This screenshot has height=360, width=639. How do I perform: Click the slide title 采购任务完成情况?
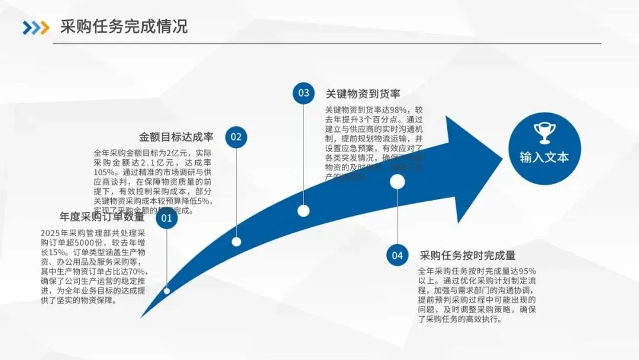tap(124, 27)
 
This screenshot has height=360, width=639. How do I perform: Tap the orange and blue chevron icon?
tap(36, 27)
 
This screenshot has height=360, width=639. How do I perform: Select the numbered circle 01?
tap(167, 219)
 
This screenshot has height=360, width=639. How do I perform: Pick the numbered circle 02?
tap(236, 137)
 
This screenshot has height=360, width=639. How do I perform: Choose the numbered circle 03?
tap(304, 93)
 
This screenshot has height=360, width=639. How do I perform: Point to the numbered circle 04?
tap(397, 255)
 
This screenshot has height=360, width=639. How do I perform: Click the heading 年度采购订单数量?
tap(102, 217)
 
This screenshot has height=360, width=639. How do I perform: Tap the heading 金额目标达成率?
tap(176, 137)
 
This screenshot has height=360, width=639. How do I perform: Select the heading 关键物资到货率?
tap(363, 94)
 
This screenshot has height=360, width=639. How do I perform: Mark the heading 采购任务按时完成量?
tap(467, 256)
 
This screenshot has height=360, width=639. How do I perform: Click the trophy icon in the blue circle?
tap(543, 133)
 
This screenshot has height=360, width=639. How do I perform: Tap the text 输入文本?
tap(544, 157)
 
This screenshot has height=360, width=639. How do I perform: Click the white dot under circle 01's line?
tap(167, 291)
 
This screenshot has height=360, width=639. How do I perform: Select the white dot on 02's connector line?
tap(236, 242)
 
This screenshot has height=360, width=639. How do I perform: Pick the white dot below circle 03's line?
tap(304, 211)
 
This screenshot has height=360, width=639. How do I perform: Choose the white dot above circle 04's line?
tap(397, 182)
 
